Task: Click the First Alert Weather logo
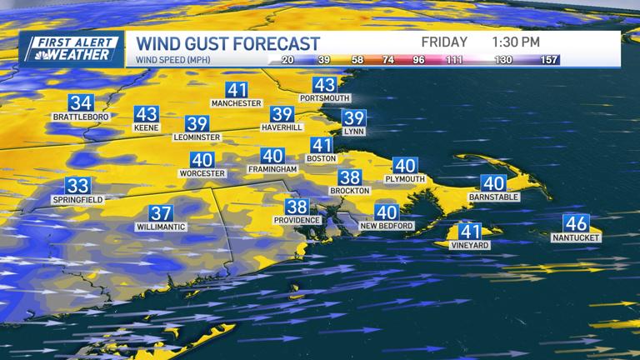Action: (72, 48)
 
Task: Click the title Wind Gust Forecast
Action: (228, 43)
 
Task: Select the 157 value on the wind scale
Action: (548, 60)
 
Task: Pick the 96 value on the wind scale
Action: (418, 60)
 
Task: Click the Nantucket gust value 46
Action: (576, 223)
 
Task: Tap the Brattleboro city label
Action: (81, 117)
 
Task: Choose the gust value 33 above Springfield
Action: (77, 186)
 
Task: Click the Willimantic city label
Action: (162, 227)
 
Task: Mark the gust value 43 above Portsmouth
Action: (324, 84)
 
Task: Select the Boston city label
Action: (321, 158)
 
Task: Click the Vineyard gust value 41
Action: (470, 232)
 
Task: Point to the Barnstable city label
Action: (494, 197)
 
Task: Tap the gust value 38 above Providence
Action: (297, 207)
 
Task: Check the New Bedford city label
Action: (387, 226)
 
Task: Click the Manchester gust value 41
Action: (237, 90)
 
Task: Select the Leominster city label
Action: (197, 137)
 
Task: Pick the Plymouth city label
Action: (405, 179)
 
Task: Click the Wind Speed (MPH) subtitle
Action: (173, 60)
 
